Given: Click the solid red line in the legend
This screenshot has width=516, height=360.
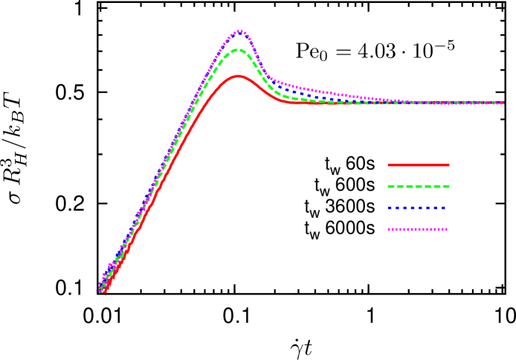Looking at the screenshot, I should point(419,164).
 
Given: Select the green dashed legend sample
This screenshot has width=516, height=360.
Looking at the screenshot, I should point(419,186).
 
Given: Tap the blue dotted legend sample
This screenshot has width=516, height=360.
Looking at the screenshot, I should point(417,208).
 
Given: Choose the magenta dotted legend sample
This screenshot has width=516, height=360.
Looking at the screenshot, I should point(417,229).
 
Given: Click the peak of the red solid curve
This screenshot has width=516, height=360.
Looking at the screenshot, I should point(238,76).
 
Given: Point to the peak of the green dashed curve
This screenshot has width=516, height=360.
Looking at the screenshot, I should point(238,50).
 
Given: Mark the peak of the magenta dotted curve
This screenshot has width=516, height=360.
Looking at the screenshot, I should point(239,31).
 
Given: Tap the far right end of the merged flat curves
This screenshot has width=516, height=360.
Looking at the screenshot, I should point(502,103).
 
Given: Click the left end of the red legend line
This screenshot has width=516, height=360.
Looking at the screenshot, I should point(389,164).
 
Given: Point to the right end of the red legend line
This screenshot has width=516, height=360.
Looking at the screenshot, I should point(448,164).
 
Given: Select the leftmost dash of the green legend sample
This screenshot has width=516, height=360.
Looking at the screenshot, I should point(392,186).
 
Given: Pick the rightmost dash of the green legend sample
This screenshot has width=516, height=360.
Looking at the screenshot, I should point(446,186).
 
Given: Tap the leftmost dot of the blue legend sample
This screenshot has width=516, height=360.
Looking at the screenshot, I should point(390,208).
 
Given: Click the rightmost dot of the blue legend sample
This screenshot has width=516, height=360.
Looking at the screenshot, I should point(444,208).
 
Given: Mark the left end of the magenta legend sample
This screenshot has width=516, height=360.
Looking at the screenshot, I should point(389,229).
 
